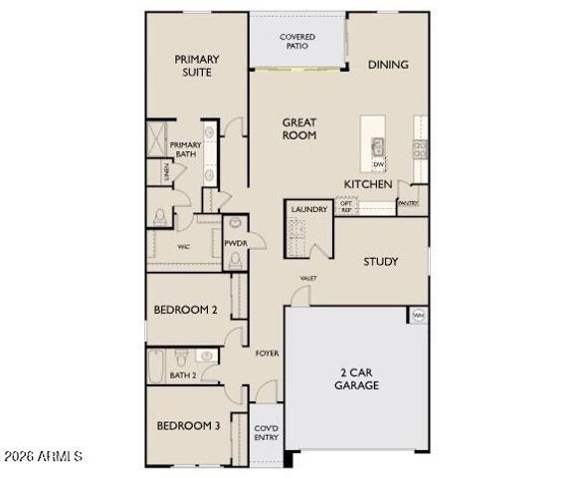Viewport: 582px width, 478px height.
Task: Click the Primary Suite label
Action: click(197, 66)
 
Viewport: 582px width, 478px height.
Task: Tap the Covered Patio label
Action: click(296, 42)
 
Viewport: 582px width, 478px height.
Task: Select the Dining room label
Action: click(388, 65)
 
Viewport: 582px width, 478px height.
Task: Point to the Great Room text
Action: click(298, 128)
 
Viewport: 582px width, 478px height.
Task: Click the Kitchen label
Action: click(367, 184)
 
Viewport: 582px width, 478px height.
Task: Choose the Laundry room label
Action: click(308, 209)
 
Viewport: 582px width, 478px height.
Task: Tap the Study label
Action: click(380, 262)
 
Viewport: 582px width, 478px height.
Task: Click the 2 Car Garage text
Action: click(355, 378)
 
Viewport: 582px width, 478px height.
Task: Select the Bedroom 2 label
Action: click(185, 310)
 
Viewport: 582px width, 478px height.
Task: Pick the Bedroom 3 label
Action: click(187, 426)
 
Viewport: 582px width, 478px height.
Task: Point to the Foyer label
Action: click(267, 354)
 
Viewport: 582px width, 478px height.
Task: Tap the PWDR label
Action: click(235, 243)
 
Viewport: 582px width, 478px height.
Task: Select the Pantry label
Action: click(409, 203)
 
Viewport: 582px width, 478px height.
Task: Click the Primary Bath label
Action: click(186, 149)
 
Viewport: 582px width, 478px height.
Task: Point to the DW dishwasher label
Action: click(378, 164)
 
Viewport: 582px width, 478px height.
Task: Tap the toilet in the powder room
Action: click(235, 260)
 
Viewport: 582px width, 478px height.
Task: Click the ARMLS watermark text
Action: click(42, 456)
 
